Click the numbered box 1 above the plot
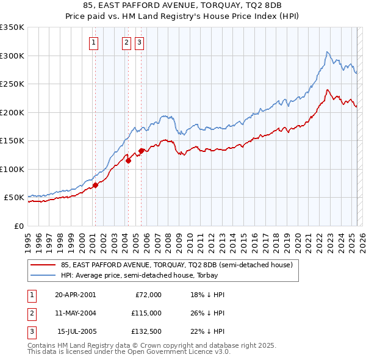coord(94,42)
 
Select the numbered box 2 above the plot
coord(126,42)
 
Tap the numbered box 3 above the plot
coord(139,42)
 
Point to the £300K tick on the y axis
coord(12,56)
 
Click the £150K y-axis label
coord(12,141)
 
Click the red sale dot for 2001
coord(95,185)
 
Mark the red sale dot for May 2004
coord(128,160)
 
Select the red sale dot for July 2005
coord(141,151)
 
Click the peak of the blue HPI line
coord(328,52)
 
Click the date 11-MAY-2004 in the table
coord(76,313)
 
